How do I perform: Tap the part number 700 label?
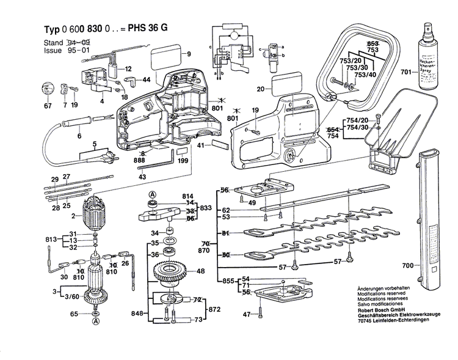[408, 265]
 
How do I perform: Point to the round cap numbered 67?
[46, 89]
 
